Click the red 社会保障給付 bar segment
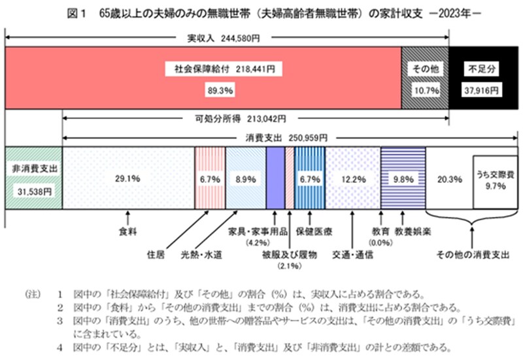(x=203, y=78)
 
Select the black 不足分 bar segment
(x=483, y=78)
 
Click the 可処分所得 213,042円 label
(x=256, y=120)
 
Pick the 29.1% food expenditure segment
(x=128, y=178)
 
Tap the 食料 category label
(x=128, y=230)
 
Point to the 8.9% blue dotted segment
(x=246, y=178)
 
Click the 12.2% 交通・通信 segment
(x=353, y=178)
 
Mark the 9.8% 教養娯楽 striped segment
(x=402, y=178)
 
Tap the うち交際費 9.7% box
(x=495, y=178)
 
